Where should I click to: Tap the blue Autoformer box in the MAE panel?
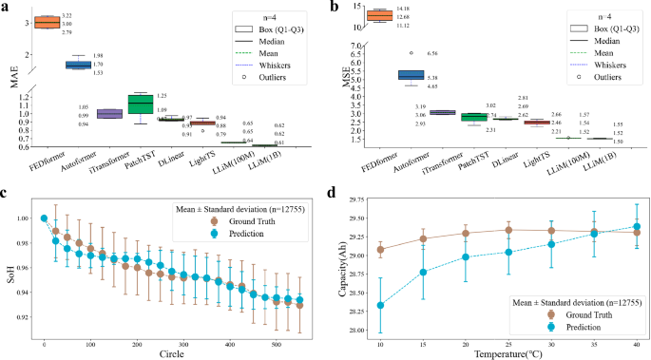[78, 65]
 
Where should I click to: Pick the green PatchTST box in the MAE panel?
[141, 104]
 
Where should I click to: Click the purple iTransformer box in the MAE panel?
[109, 114]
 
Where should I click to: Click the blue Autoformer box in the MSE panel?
[411, 75]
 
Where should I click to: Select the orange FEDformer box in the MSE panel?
[378, 14]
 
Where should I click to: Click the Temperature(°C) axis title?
[508, 353]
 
